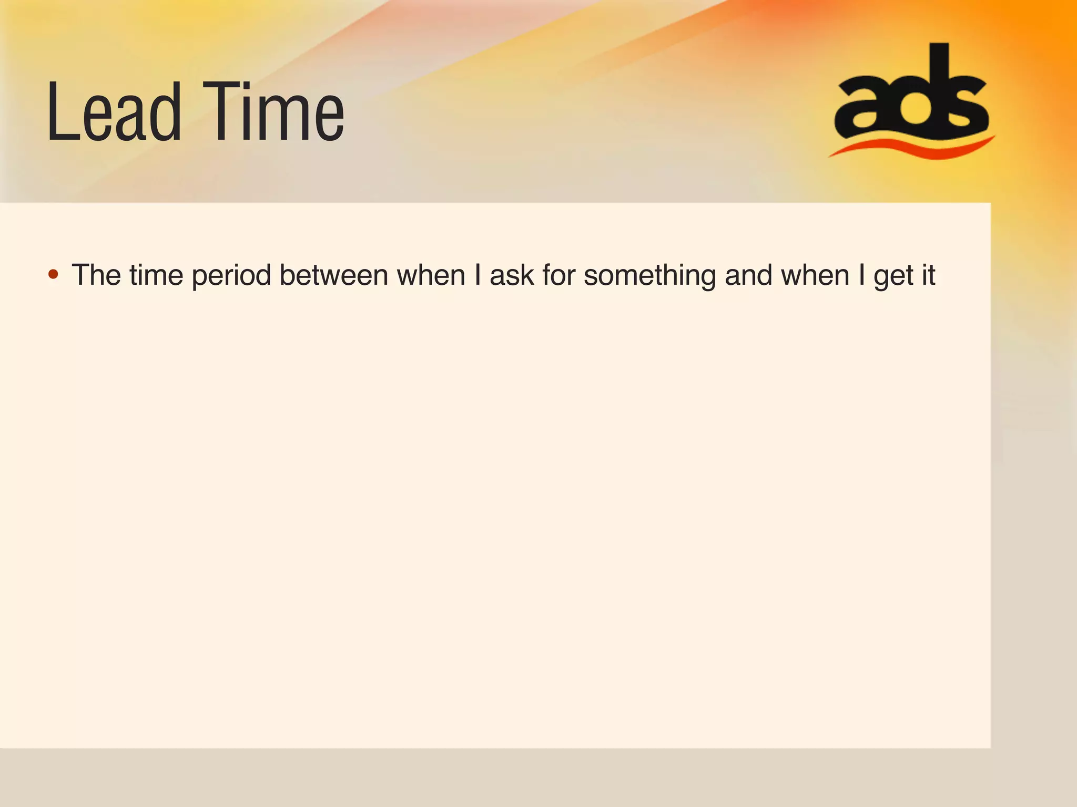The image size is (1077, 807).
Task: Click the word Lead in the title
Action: coord(114,113)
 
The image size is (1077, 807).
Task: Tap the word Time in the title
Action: coord(273,113)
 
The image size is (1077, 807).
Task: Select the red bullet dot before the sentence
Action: coord(53,274)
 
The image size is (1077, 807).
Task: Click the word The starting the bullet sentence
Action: coord(97,275)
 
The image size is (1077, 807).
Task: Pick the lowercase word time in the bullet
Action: coord(156,275)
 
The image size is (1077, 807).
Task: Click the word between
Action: coord(333,275)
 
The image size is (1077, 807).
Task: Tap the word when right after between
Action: coord(431,275)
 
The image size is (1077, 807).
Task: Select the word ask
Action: coord(512,275)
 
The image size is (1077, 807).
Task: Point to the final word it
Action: coord(928,275)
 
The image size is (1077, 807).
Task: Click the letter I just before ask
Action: coord(477,275)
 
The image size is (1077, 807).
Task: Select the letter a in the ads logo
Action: coord(863,108)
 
